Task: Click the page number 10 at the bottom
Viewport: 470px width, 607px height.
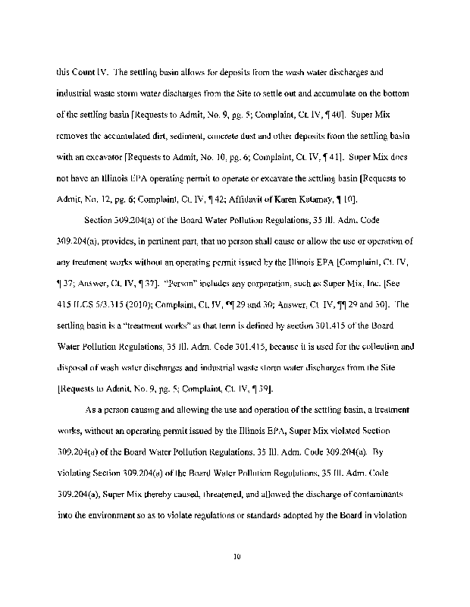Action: pyautogui.click(x=237, y=556)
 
